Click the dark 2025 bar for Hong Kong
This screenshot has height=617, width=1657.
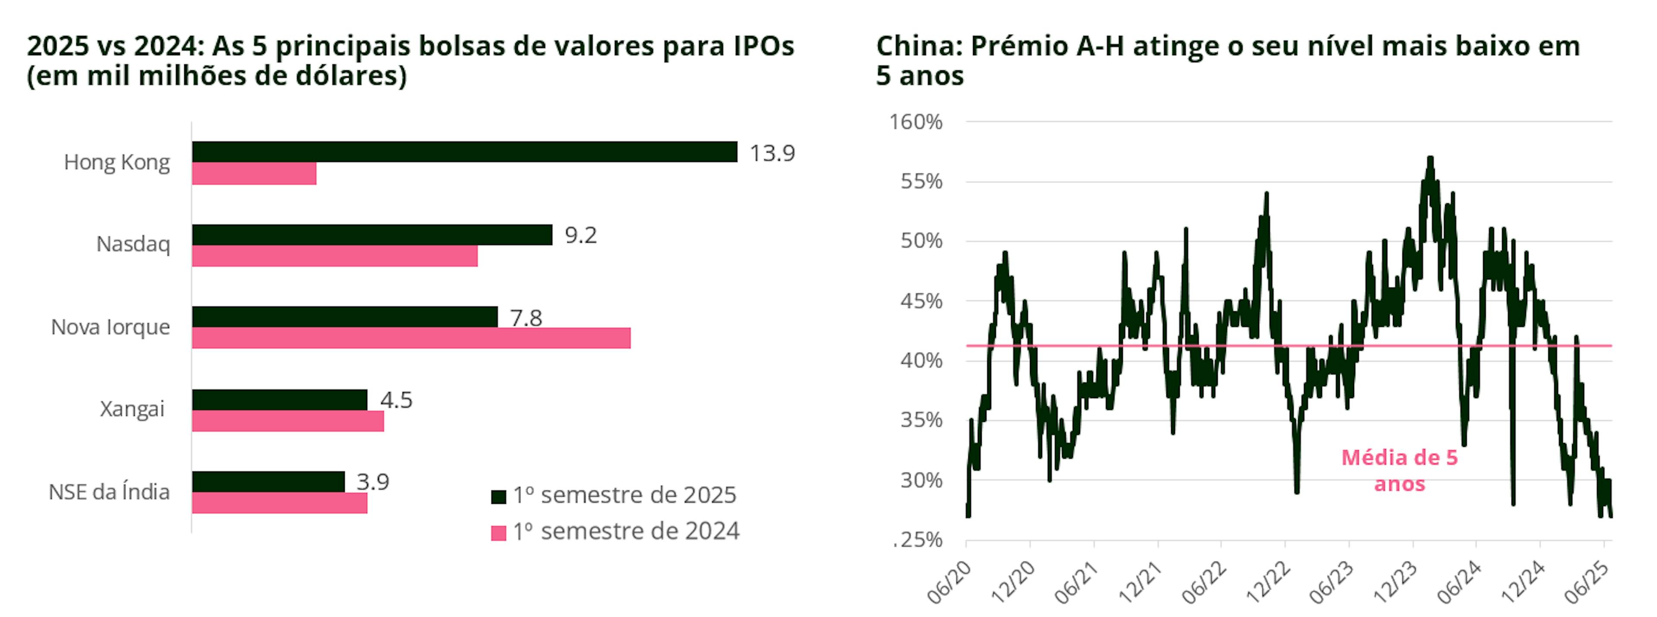click(x=464, y=152)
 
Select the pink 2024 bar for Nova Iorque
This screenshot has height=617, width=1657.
click(x=411, y=338)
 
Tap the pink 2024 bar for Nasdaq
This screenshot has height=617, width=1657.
click(x=334, y=256)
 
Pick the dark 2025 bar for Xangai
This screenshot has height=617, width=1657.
click(x=279, y=399)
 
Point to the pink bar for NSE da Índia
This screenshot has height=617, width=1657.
click(x=279, y=503)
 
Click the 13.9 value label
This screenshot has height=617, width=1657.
click(x=772, y=153)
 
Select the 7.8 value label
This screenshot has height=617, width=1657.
click(x=526, y=318)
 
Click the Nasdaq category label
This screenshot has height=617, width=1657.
click(x=133, y=244)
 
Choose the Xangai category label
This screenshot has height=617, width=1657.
click(x=132, y=409)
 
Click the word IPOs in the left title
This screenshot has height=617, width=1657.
click(x=763, y=46)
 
